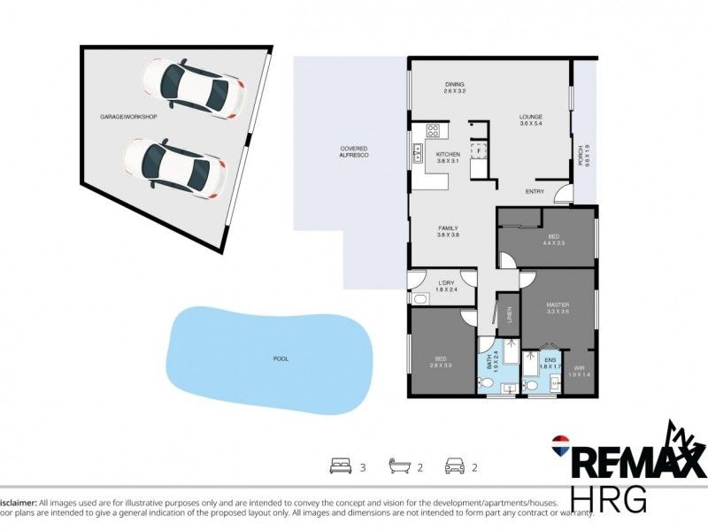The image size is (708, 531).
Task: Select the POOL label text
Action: pos(281,358)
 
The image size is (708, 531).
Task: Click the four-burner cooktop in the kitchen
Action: pos(434,131)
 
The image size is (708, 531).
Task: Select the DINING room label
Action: pos(455,85)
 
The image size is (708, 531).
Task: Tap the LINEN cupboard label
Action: pos(509,314)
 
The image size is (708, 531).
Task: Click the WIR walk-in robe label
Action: pos(579,368)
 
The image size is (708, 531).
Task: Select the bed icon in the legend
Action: pos(339,465)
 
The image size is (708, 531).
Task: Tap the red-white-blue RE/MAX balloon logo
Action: pos(559,442)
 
